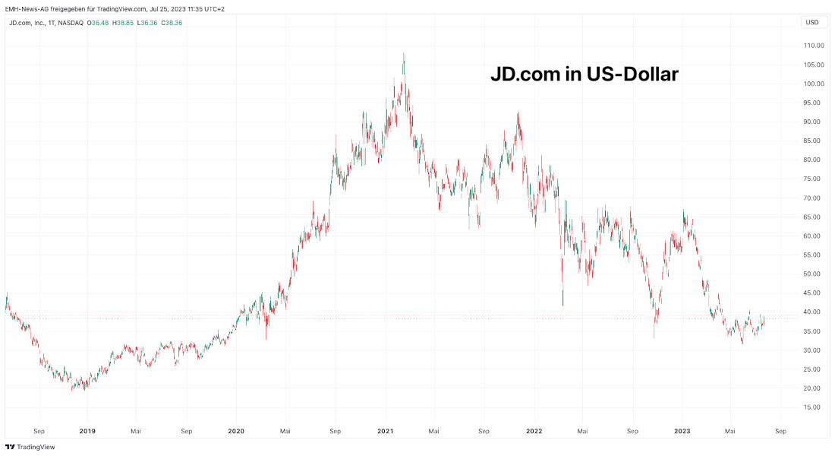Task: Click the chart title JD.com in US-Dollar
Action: [583, 74]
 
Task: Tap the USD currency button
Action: [811, 22]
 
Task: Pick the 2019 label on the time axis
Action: [87, 431]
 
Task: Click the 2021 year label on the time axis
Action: [386, 431]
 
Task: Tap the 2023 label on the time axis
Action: [682, 431]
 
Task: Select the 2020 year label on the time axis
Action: [236, 431]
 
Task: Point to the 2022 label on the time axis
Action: [534, 431]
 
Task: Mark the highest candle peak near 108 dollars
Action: [404, 54]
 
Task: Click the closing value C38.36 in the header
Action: [172, 23]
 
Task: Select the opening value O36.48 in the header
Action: [99, 23]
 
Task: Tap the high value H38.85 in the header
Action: [124, 23]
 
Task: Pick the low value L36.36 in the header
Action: [148, 23]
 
